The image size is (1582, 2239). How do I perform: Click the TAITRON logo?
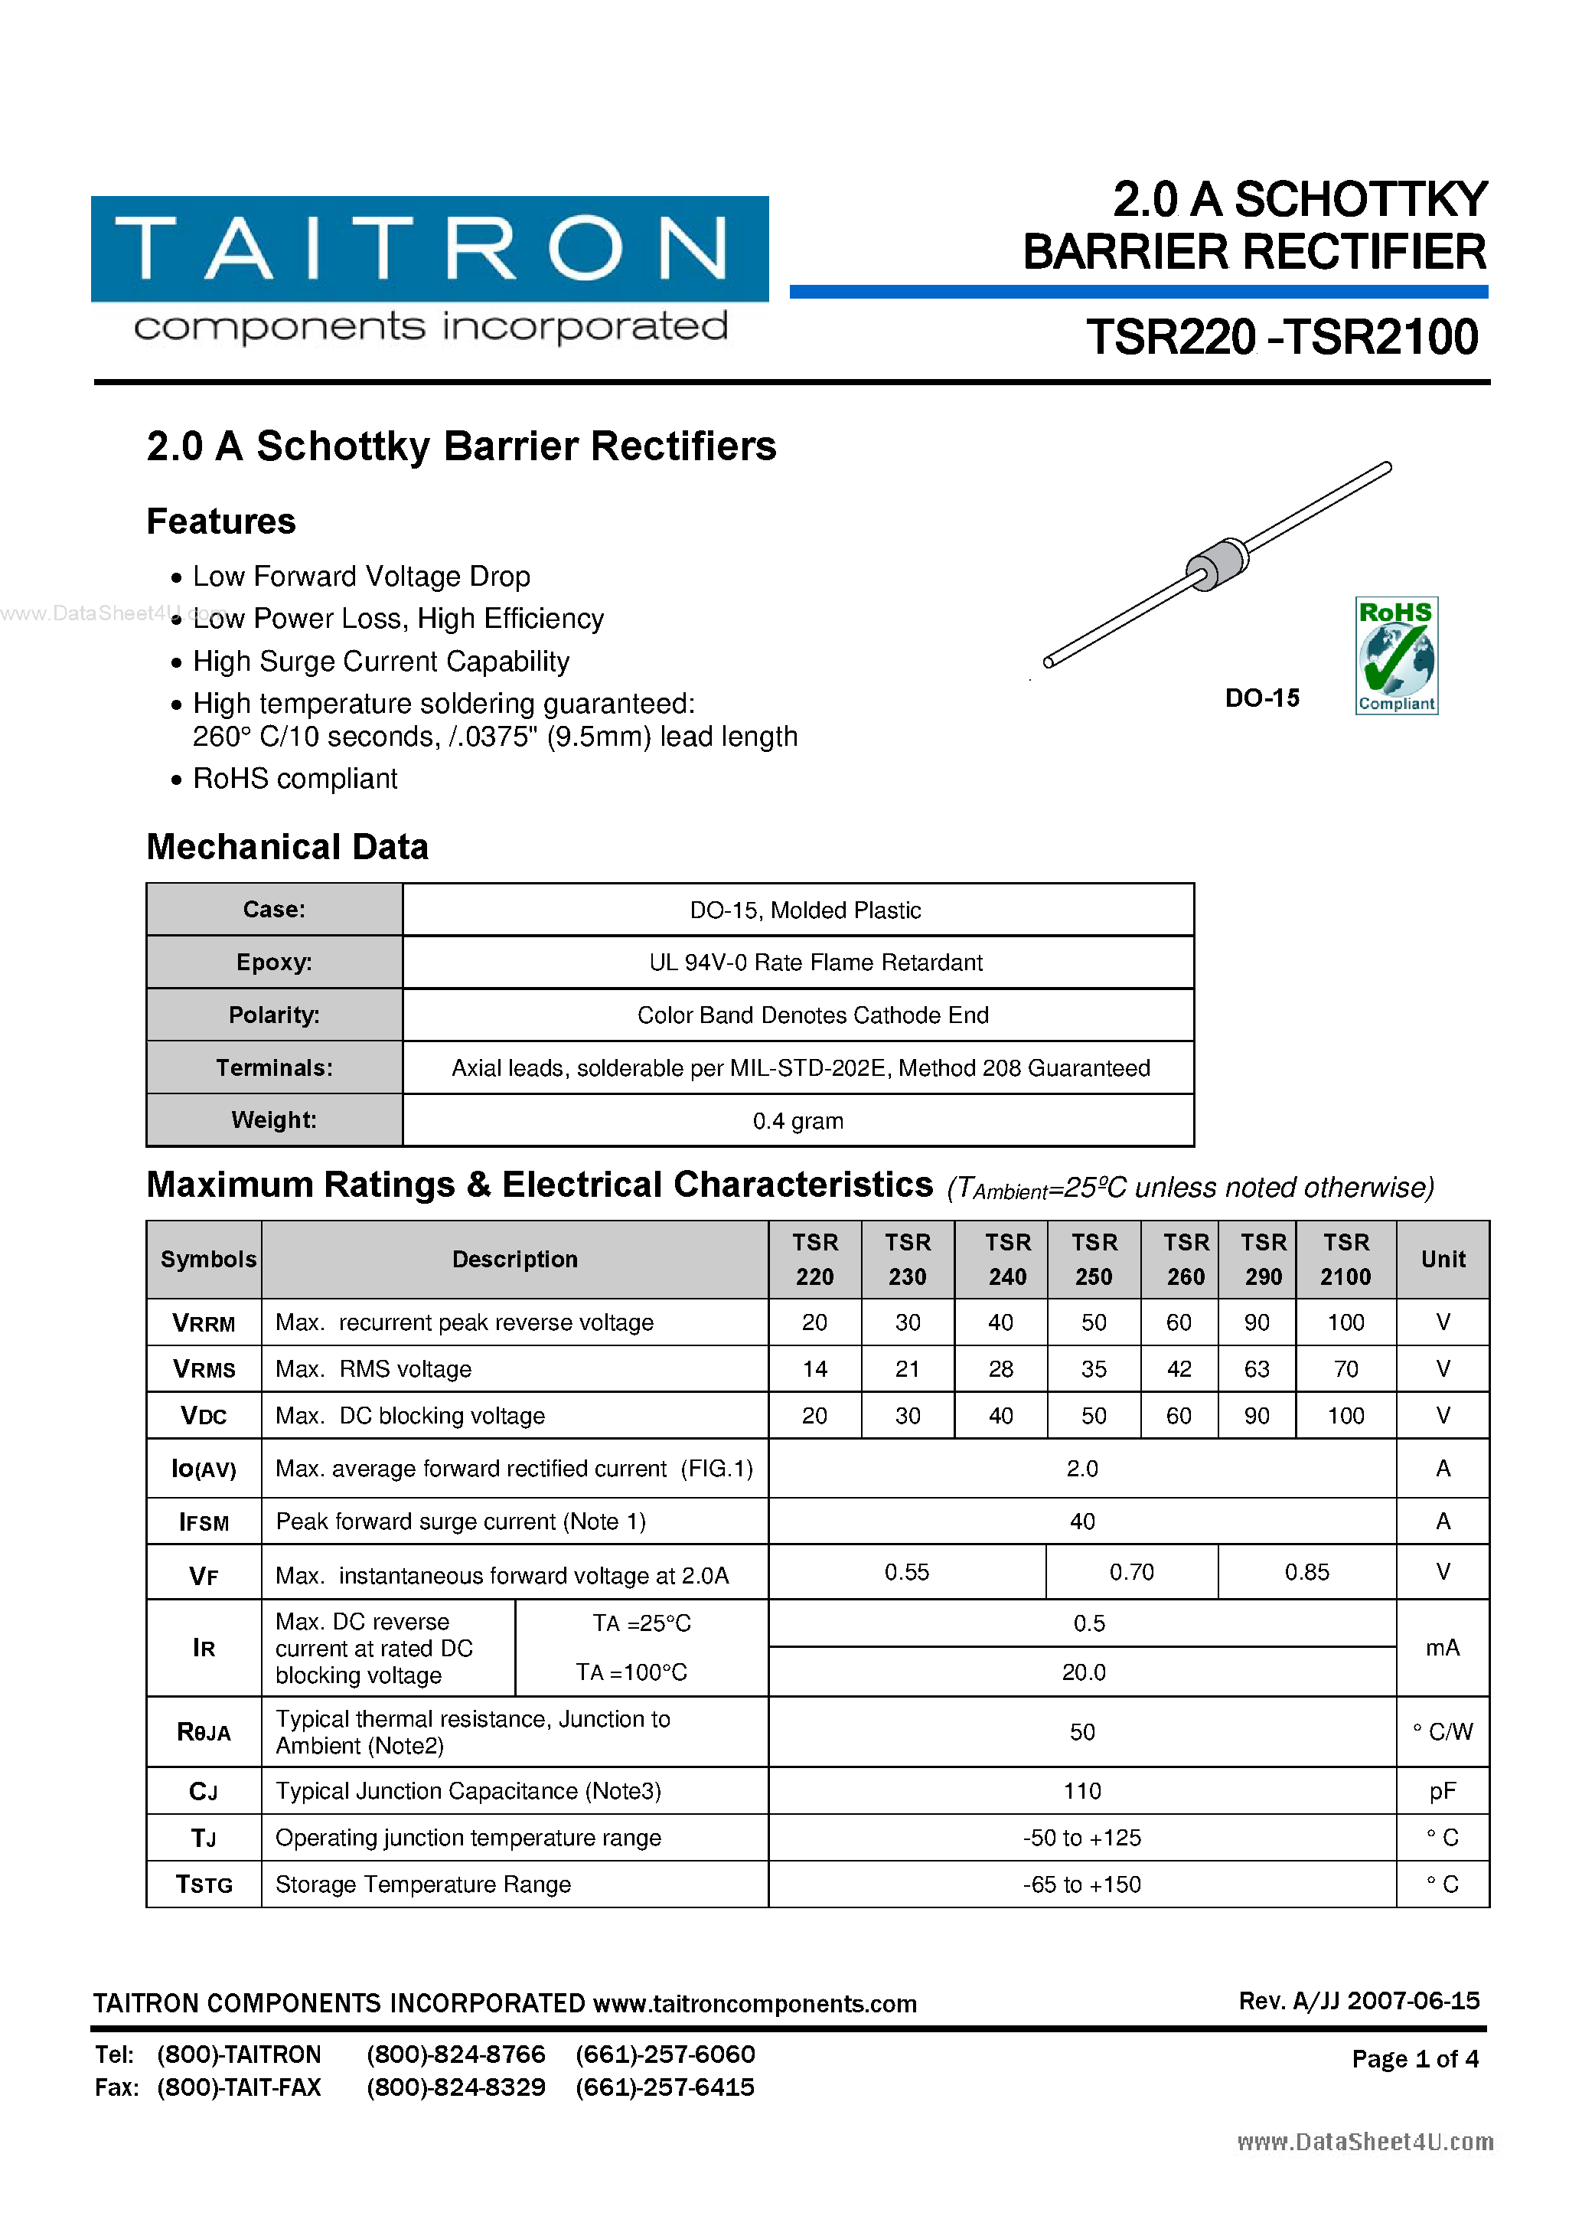(x=429, y=250)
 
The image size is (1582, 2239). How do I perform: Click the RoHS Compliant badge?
(x=1396, y=655)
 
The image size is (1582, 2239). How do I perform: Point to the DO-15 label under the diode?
(x=1261, y=698)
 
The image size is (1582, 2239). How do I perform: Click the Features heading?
(x=221, y=521)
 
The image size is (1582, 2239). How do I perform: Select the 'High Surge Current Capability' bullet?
(x=380, y=661)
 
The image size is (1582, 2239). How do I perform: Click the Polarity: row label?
(x=274, y=1015)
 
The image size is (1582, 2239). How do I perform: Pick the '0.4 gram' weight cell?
(x=798, y=1120)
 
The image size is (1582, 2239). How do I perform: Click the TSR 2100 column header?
(x=1346, y=1259)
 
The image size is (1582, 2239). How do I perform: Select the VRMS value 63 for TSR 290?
(x=1257, y=1369)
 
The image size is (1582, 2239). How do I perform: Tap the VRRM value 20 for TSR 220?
(x=814, y=1322)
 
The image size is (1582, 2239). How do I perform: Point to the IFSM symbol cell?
(x=204, y=1522)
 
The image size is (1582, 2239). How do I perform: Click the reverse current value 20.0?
(x=1083, y=1672)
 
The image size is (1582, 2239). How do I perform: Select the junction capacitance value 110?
(x=1082, y=1791)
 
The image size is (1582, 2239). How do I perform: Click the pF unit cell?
(x=1442, y=1791)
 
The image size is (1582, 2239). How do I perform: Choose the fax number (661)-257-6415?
(x=665, y=2088)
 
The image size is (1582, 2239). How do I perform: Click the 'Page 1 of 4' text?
(x=1414, y=2058)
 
